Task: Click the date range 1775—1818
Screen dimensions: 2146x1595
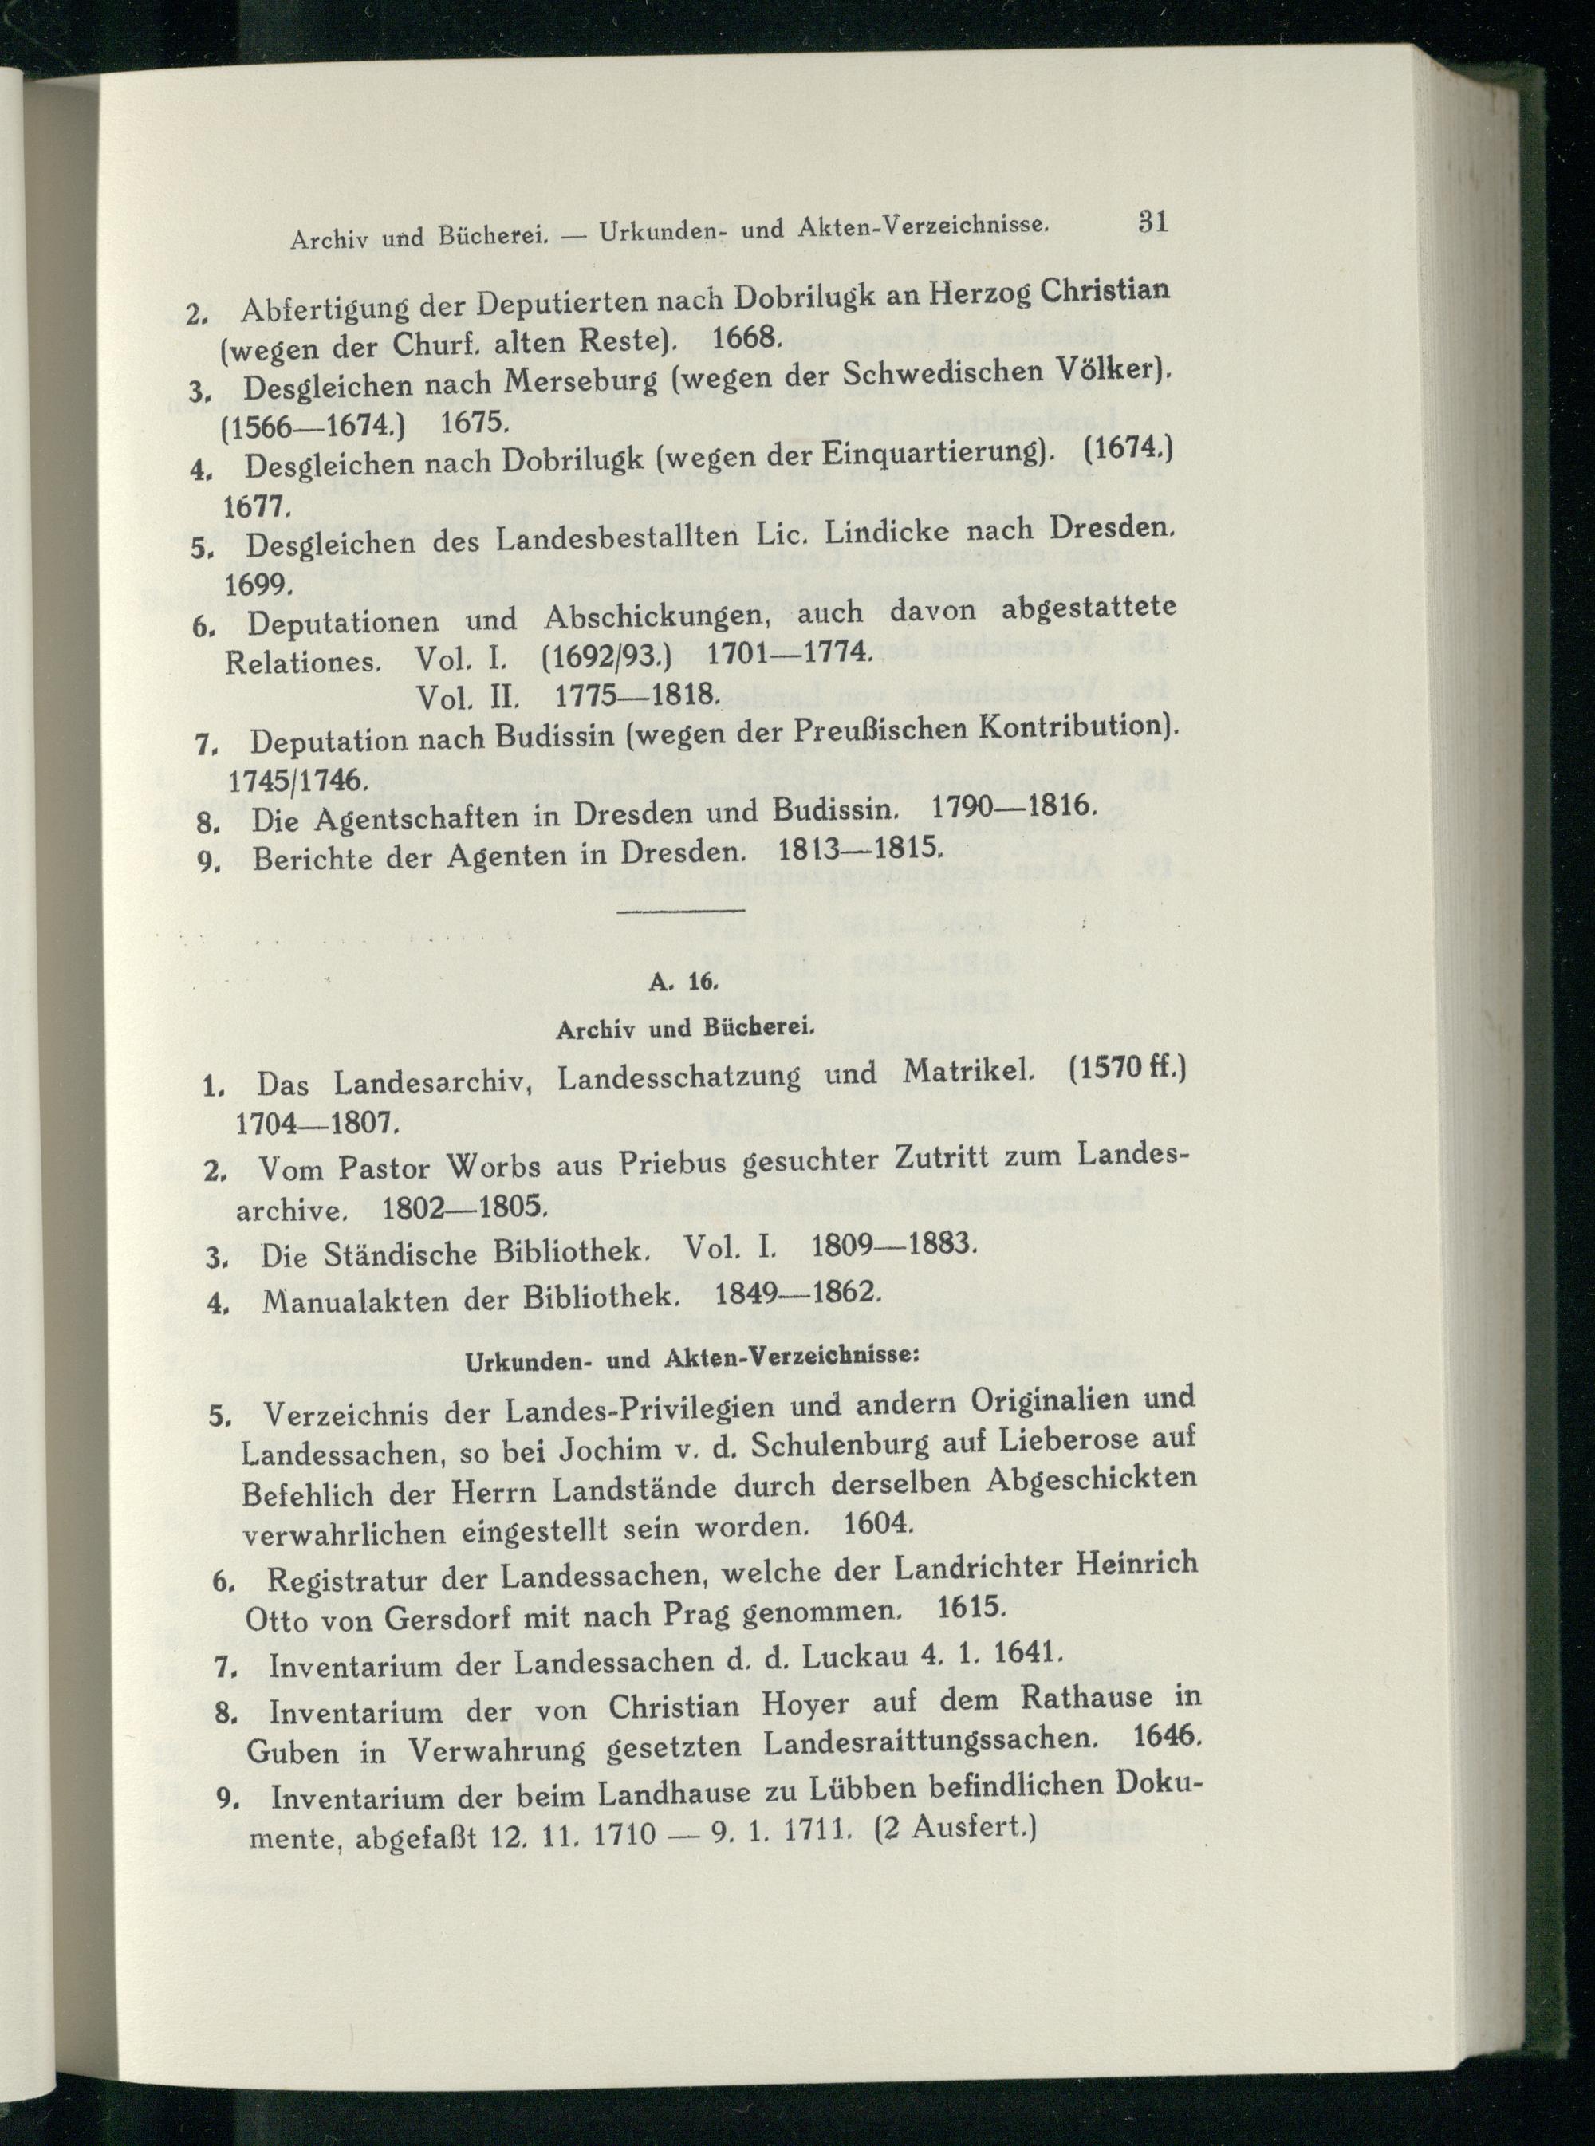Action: [x=637, y=694]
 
